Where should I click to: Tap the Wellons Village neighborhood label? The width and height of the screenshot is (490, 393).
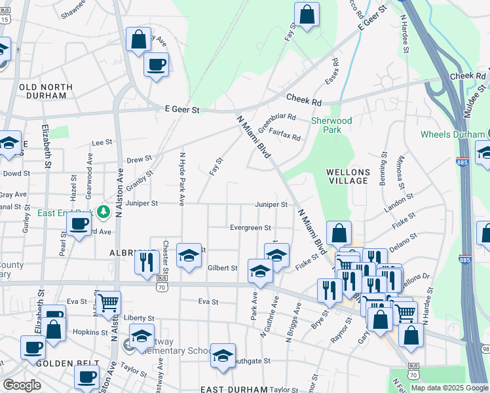pos(349,176)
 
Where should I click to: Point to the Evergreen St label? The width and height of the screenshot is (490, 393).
pos(250,228)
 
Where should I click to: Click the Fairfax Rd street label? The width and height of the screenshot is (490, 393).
pos(284,137)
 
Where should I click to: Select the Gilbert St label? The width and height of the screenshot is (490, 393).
pos(222,268)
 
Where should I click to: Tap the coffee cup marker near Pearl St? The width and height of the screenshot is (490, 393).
pos(79,223)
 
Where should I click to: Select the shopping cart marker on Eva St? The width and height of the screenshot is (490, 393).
pos(109,303)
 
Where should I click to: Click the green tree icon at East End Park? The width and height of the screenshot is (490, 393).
pos(103,212)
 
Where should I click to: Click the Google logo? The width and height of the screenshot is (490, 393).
pos(22,385)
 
